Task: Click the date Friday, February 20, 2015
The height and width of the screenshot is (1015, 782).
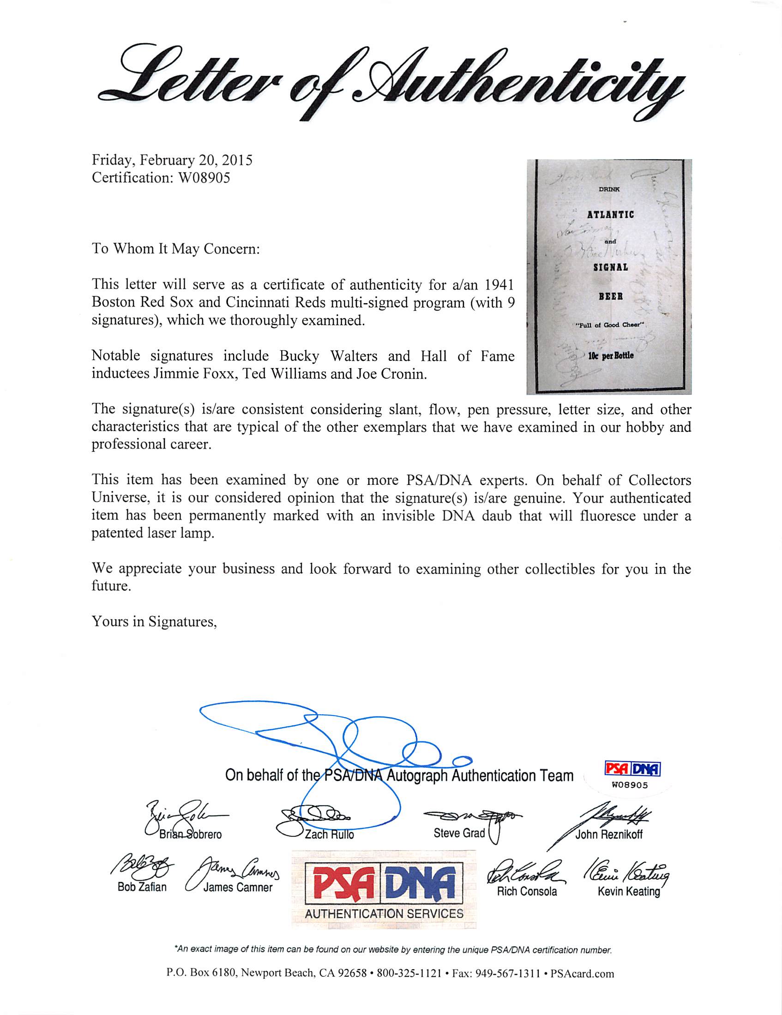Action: point(172,161)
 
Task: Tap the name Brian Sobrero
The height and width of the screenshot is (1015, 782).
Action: point(190,834)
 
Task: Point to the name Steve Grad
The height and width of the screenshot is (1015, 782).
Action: point(459,833)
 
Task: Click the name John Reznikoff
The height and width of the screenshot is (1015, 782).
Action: point(608,834)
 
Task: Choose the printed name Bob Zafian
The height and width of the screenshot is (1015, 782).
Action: point(142,887)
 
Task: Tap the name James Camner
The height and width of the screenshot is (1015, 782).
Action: point(238,887)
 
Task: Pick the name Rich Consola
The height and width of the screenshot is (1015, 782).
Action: point(527,891)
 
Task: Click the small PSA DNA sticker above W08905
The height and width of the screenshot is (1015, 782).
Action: point(632,770)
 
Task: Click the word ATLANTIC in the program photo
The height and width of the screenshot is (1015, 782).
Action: point(610,215)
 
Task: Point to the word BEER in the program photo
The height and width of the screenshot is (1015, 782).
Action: point(610,296)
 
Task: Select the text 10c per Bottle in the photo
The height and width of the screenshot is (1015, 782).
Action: point(610,356)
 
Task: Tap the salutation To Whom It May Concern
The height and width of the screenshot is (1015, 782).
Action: point(175,249)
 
